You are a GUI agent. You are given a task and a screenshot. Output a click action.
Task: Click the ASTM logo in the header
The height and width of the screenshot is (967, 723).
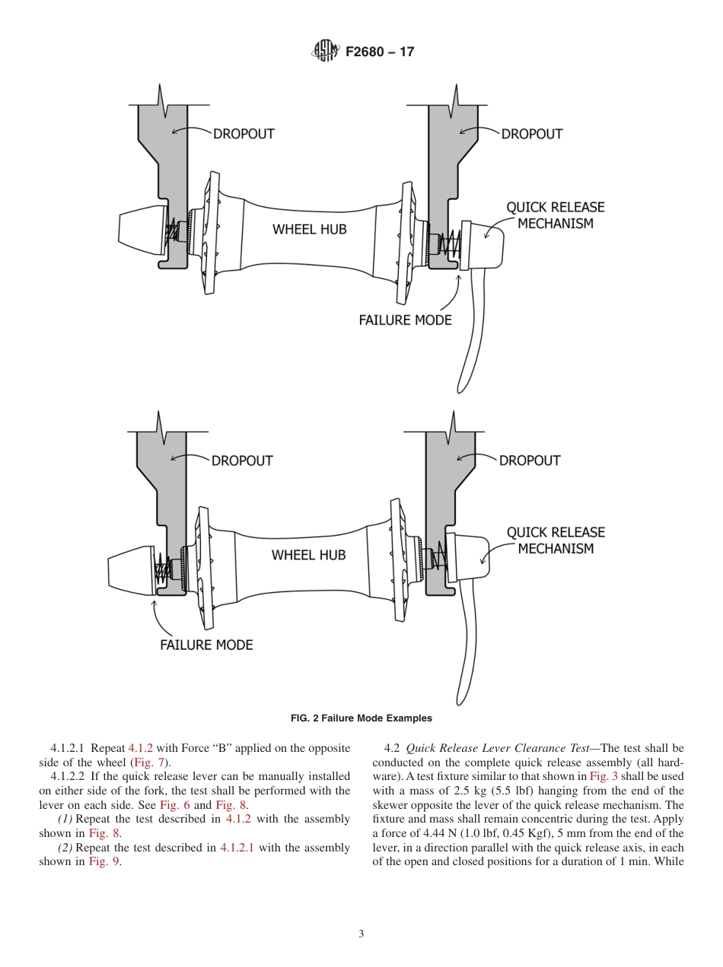pos(325,52)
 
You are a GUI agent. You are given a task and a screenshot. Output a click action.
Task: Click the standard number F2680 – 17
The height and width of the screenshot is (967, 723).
pos(380,52)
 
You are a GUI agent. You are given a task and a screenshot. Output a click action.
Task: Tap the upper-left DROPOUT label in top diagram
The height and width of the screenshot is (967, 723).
pos(243,134)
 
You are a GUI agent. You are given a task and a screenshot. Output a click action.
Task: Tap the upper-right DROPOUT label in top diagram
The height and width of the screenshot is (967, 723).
pos(531,134)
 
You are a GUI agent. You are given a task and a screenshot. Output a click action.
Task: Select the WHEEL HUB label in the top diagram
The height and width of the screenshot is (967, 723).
pos(310,229)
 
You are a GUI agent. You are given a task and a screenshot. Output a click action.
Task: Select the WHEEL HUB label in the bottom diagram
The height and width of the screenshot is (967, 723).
pos(308,555)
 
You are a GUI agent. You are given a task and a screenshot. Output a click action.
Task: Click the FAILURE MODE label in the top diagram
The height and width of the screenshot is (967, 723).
pos(405,320)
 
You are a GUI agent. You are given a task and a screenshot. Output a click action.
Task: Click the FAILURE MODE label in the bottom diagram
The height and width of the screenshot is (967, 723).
pos(206,645)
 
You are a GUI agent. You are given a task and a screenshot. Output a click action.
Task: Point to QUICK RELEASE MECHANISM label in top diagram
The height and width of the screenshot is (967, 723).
pos(556,215)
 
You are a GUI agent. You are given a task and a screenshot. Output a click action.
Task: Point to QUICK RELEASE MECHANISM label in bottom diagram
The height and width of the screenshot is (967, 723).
pos(556,541)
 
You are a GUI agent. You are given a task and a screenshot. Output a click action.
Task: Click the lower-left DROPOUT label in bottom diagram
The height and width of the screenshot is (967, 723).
pos(242,461)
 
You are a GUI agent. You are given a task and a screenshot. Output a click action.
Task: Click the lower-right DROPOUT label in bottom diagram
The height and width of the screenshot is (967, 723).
pos(530,461)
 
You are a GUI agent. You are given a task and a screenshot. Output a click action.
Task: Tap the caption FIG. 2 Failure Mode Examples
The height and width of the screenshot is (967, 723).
pos(361,718)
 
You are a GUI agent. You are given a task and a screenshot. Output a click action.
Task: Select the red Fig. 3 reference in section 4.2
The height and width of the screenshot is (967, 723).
pos(600,776)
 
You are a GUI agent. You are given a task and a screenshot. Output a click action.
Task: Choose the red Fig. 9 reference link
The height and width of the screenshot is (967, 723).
pos(104,861)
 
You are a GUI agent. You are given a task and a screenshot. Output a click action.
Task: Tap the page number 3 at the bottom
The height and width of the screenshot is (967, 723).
pos(361,934)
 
